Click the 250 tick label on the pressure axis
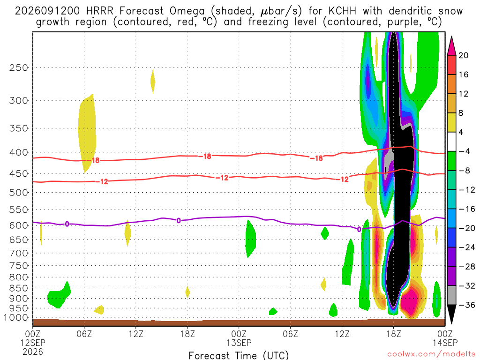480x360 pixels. (19, 67)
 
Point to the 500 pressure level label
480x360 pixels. (19, 193)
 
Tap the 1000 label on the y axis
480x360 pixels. (16, 317)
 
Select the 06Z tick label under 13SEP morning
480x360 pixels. (290, 334)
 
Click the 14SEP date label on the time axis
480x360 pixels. (445, 343)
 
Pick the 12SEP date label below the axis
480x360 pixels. (33, 343)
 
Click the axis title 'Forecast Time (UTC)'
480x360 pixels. (239, 355)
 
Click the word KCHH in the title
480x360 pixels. (342, 11)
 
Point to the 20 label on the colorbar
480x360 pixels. (463, 55)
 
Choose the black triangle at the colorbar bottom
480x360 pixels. (451, 313)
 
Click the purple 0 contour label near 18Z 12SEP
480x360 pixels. (179, 220)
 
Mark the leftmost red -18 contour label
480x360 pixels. (96, 160)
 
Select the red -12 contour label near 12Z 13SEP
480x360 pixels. (345, 179)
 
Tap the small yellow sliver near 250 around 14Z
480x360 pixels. (152, 82)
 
